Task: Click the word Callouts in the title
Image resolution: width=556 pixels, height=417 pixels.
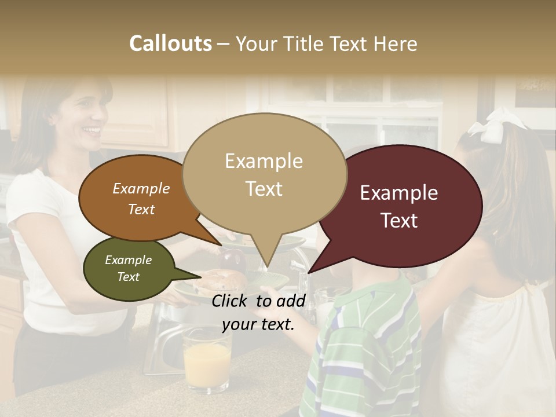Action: [x=170, y=43]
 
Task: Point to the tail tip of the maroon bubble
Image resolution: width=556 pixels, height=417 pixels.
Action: [x=310, y=270]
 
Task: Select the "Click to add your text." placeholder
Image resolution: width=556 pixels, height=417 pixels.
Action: [x=258, y=312]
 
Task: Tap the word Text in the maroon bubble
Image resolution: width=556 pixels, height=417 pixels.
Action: [x=399, y=221]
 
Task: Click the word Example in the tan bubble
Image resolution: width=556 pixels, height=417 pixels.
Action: [x=264, y=161]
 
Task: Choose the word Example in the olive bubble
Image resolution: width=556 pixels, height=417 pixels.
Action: [x=129, y=260]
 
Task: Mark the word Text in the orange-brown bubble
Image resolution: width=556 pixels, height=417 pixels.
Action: [x=141, y=209]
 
